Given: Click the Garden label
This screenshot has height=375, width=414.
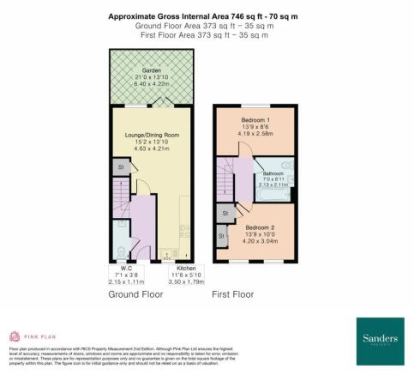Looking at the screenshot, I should [152, 70].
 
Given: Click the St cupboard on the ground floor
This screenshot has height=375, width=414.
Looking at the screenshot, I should [120, 167].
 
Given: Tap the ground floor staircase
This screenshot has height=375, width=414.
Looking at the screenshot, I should [119, 206].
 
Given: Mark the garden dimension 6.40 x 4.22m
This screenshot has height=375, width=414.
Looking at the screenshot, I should [152, 84].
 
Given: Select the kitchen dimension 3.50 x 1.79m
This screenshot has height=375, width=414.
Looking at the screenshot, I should [175, 281].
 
